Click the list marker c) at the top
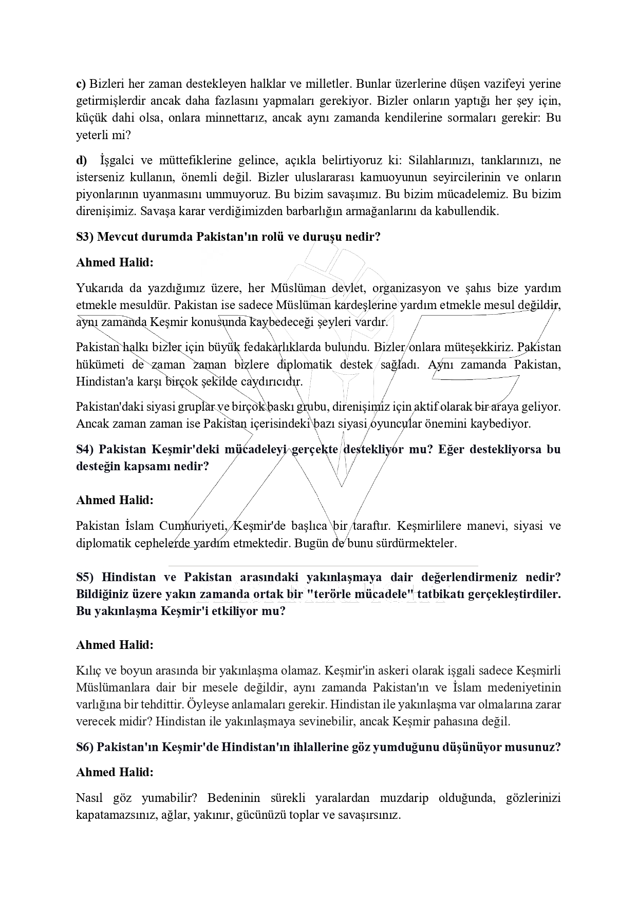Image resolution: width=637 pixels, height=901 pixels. pos(81,84)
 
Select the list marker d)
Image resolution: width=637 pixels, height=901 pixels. pos(81,161)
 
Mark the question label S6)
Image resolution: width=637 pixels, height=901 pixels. pos(85,747)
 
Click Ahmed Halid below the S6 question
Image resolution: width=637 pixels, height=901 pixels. pos(115,772)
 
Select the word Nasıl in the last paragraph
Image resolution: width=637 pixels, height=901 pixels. pos(89,798)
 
